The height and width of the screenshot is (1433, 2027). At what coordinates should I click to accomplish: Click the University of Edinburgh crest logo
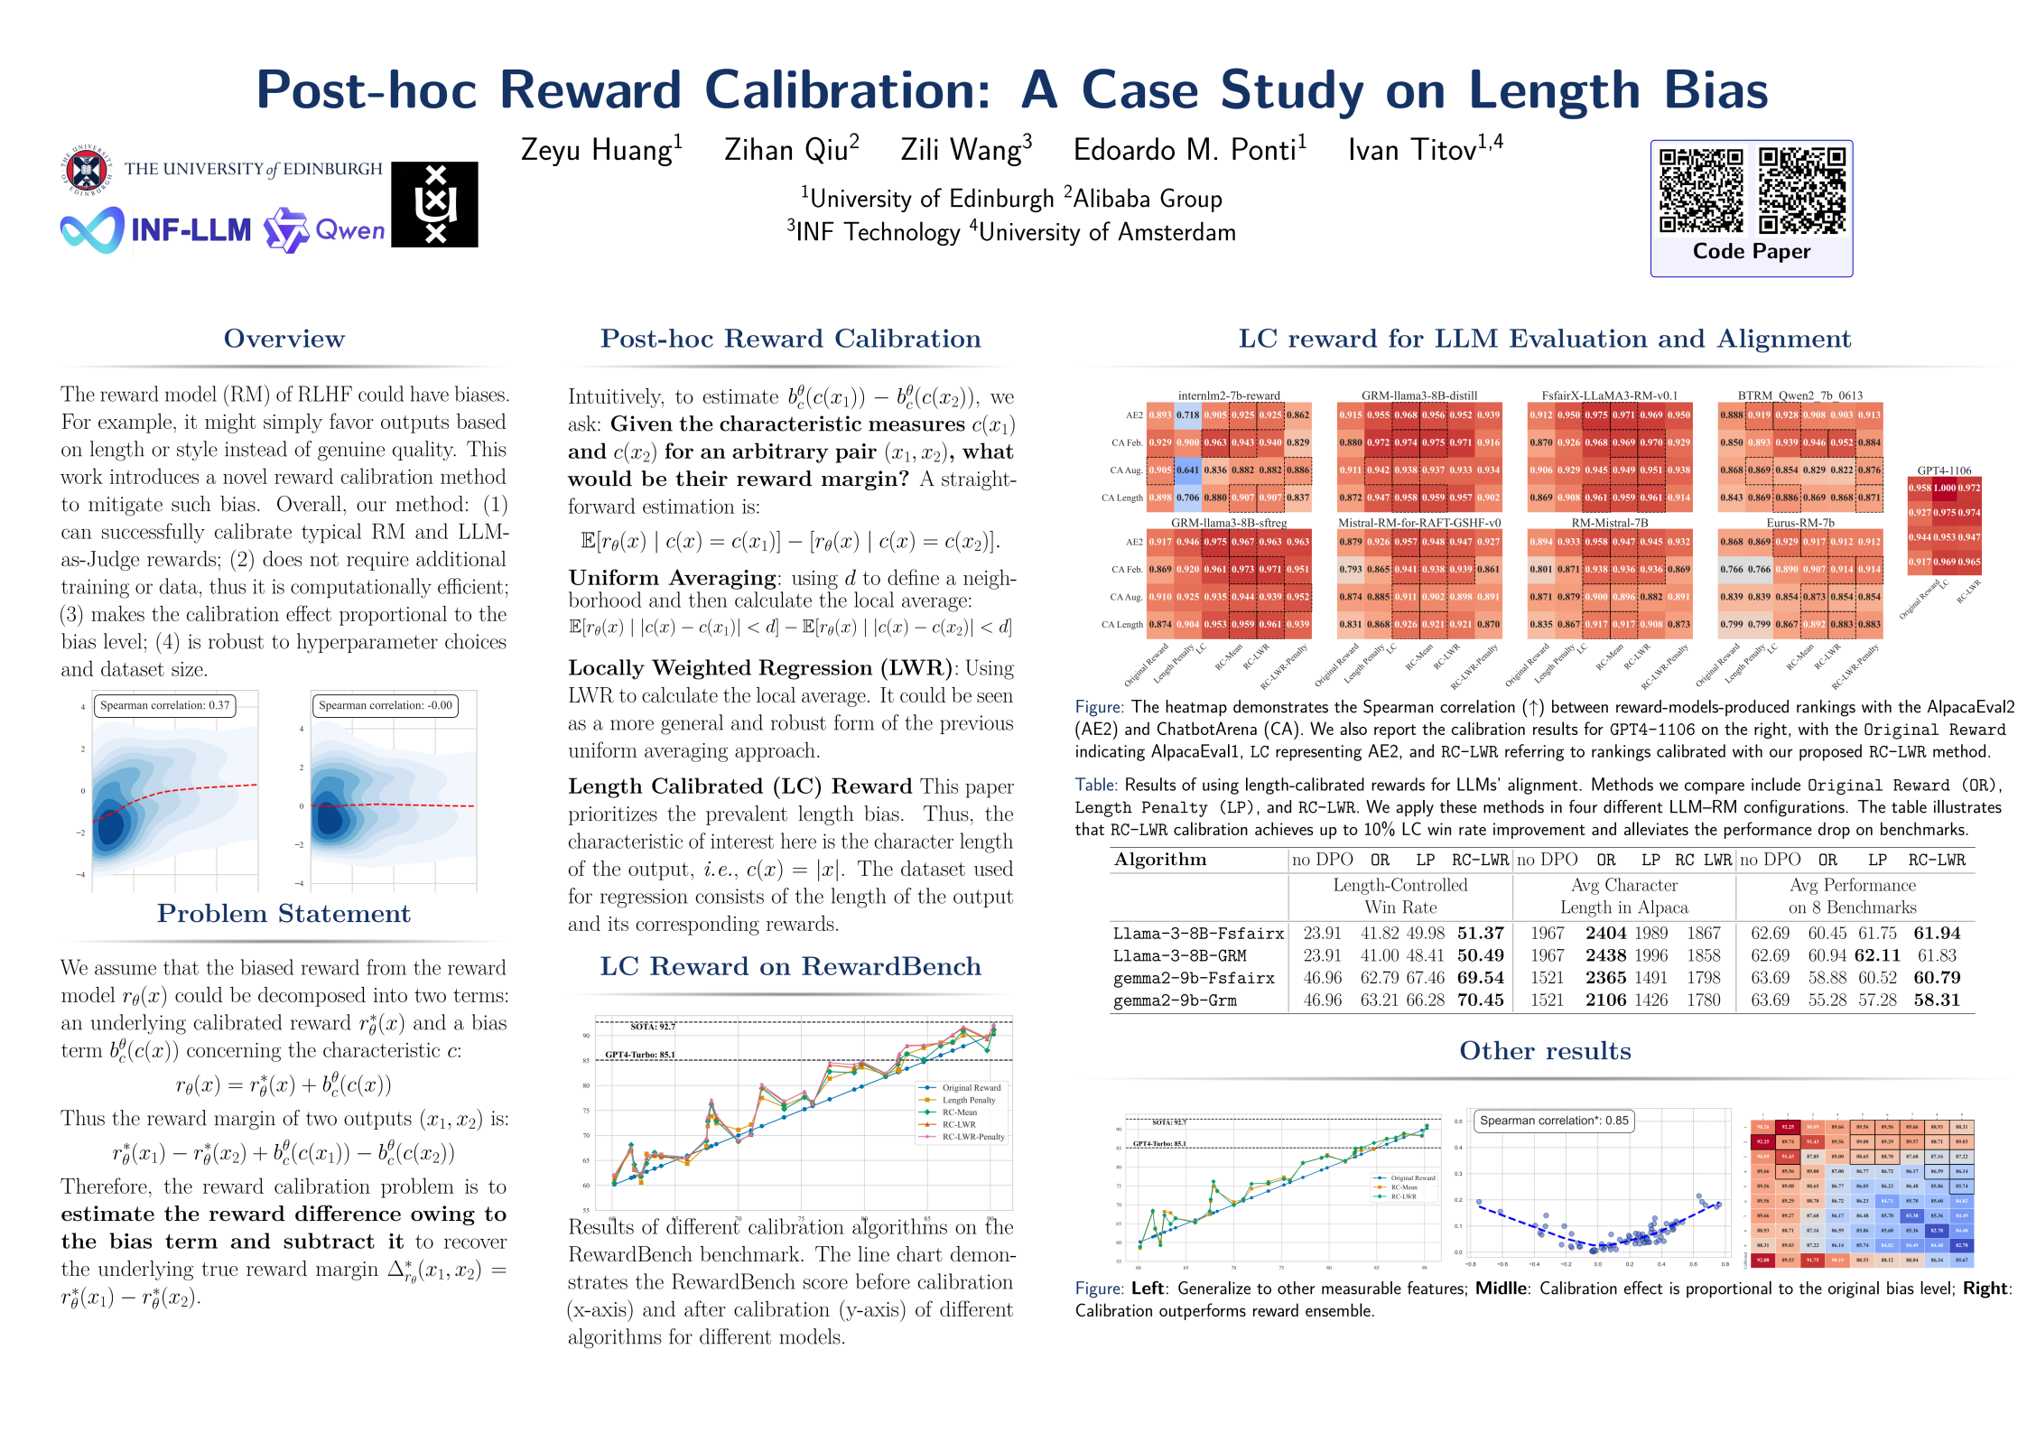[x=86, y=170]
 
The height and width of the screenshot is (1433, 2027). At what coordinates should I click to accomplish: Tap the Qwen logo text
[x=349, y=230]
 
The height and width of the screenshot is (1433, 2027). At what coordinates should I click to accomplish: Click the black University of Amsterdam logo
[x=434, y=204]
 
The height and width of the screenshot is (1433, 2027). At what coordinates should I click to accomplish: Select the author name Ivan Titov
[x=1424, y=149]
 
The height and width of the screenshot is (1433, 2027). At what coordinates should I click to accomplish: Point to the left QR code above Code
[x=1701, y=191]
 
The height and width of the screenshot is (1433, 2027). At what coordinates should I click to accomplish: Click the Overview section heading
[x=284, y=339]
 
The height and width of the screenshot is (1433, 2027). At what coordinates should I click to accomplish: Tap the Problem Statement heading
[x=284, y=914]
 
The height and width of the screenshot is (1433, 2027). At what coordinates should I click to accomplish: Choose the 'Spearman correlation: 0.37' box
[x=164, y=705]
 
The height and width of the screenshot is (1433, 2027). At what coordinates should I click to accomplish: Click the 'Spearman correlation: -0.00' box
[x=385, y=705]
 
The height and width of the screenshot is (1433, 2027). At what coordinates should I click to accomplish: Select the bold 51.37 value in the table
[x=1480, y=933]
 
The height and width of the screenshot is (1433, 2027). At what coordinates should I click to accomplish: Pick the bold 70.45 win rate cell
[x=1480, y=1000]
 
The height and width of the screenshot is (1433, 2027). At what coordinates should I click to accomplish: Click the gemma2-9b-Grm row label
[x=1175, y=1000]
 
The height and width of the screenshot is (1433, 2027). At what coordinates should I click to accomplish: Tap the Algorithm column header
[x=1160, y=860]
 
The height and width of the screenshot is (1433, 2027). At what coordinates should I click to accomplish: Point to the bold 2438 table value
[x=1605, y=955]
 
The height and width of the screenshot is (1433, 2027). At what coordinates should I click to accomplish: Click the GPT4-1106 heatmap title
[x=1944, y=470]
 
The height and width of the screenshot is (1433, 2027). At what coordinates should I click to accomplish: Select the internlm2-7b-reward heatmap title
[x=1229, y=395]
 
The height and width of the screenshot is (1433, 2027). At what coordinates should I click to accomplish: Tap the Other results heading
[x=1545, y=1051]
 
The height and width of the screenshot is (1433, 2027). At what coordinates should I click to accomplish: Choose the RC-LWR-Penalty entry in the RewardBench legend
[x=972, y=1137]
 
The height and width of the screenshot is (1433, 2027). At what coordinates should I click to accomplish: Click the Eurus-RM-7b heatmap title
[x=1800, y=523]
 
